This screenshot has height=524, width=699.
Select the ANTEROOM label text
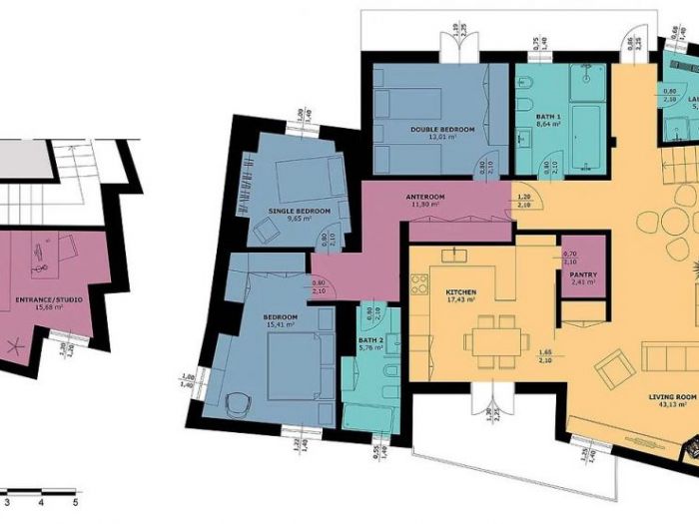[425, 197]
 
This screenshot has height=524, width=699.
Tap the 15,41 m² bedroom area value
[282, 325]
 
